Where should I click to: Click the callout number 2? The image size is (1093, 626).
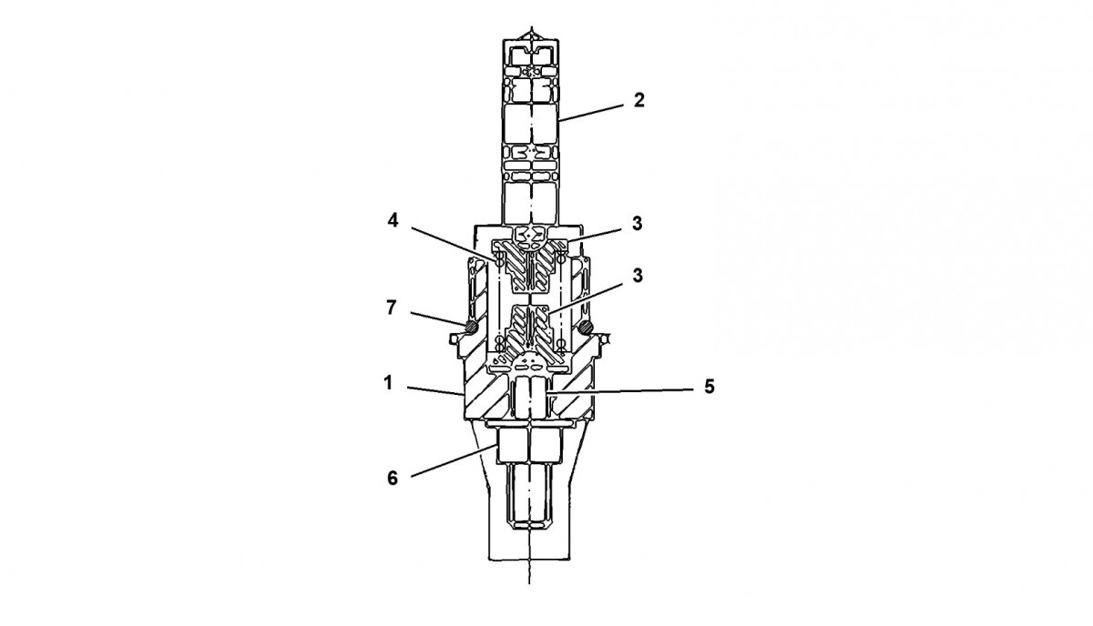coord(638,100)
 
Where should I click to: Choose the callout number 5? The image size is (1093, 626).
coord(710,387)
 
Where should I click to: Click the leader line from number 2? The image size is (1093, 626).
coord(592,110)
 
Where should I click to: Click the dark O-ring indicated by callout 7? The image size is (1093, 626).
coord(471,325)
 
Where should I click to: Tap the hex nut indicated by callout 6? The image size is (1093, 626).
coord(527,447)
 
